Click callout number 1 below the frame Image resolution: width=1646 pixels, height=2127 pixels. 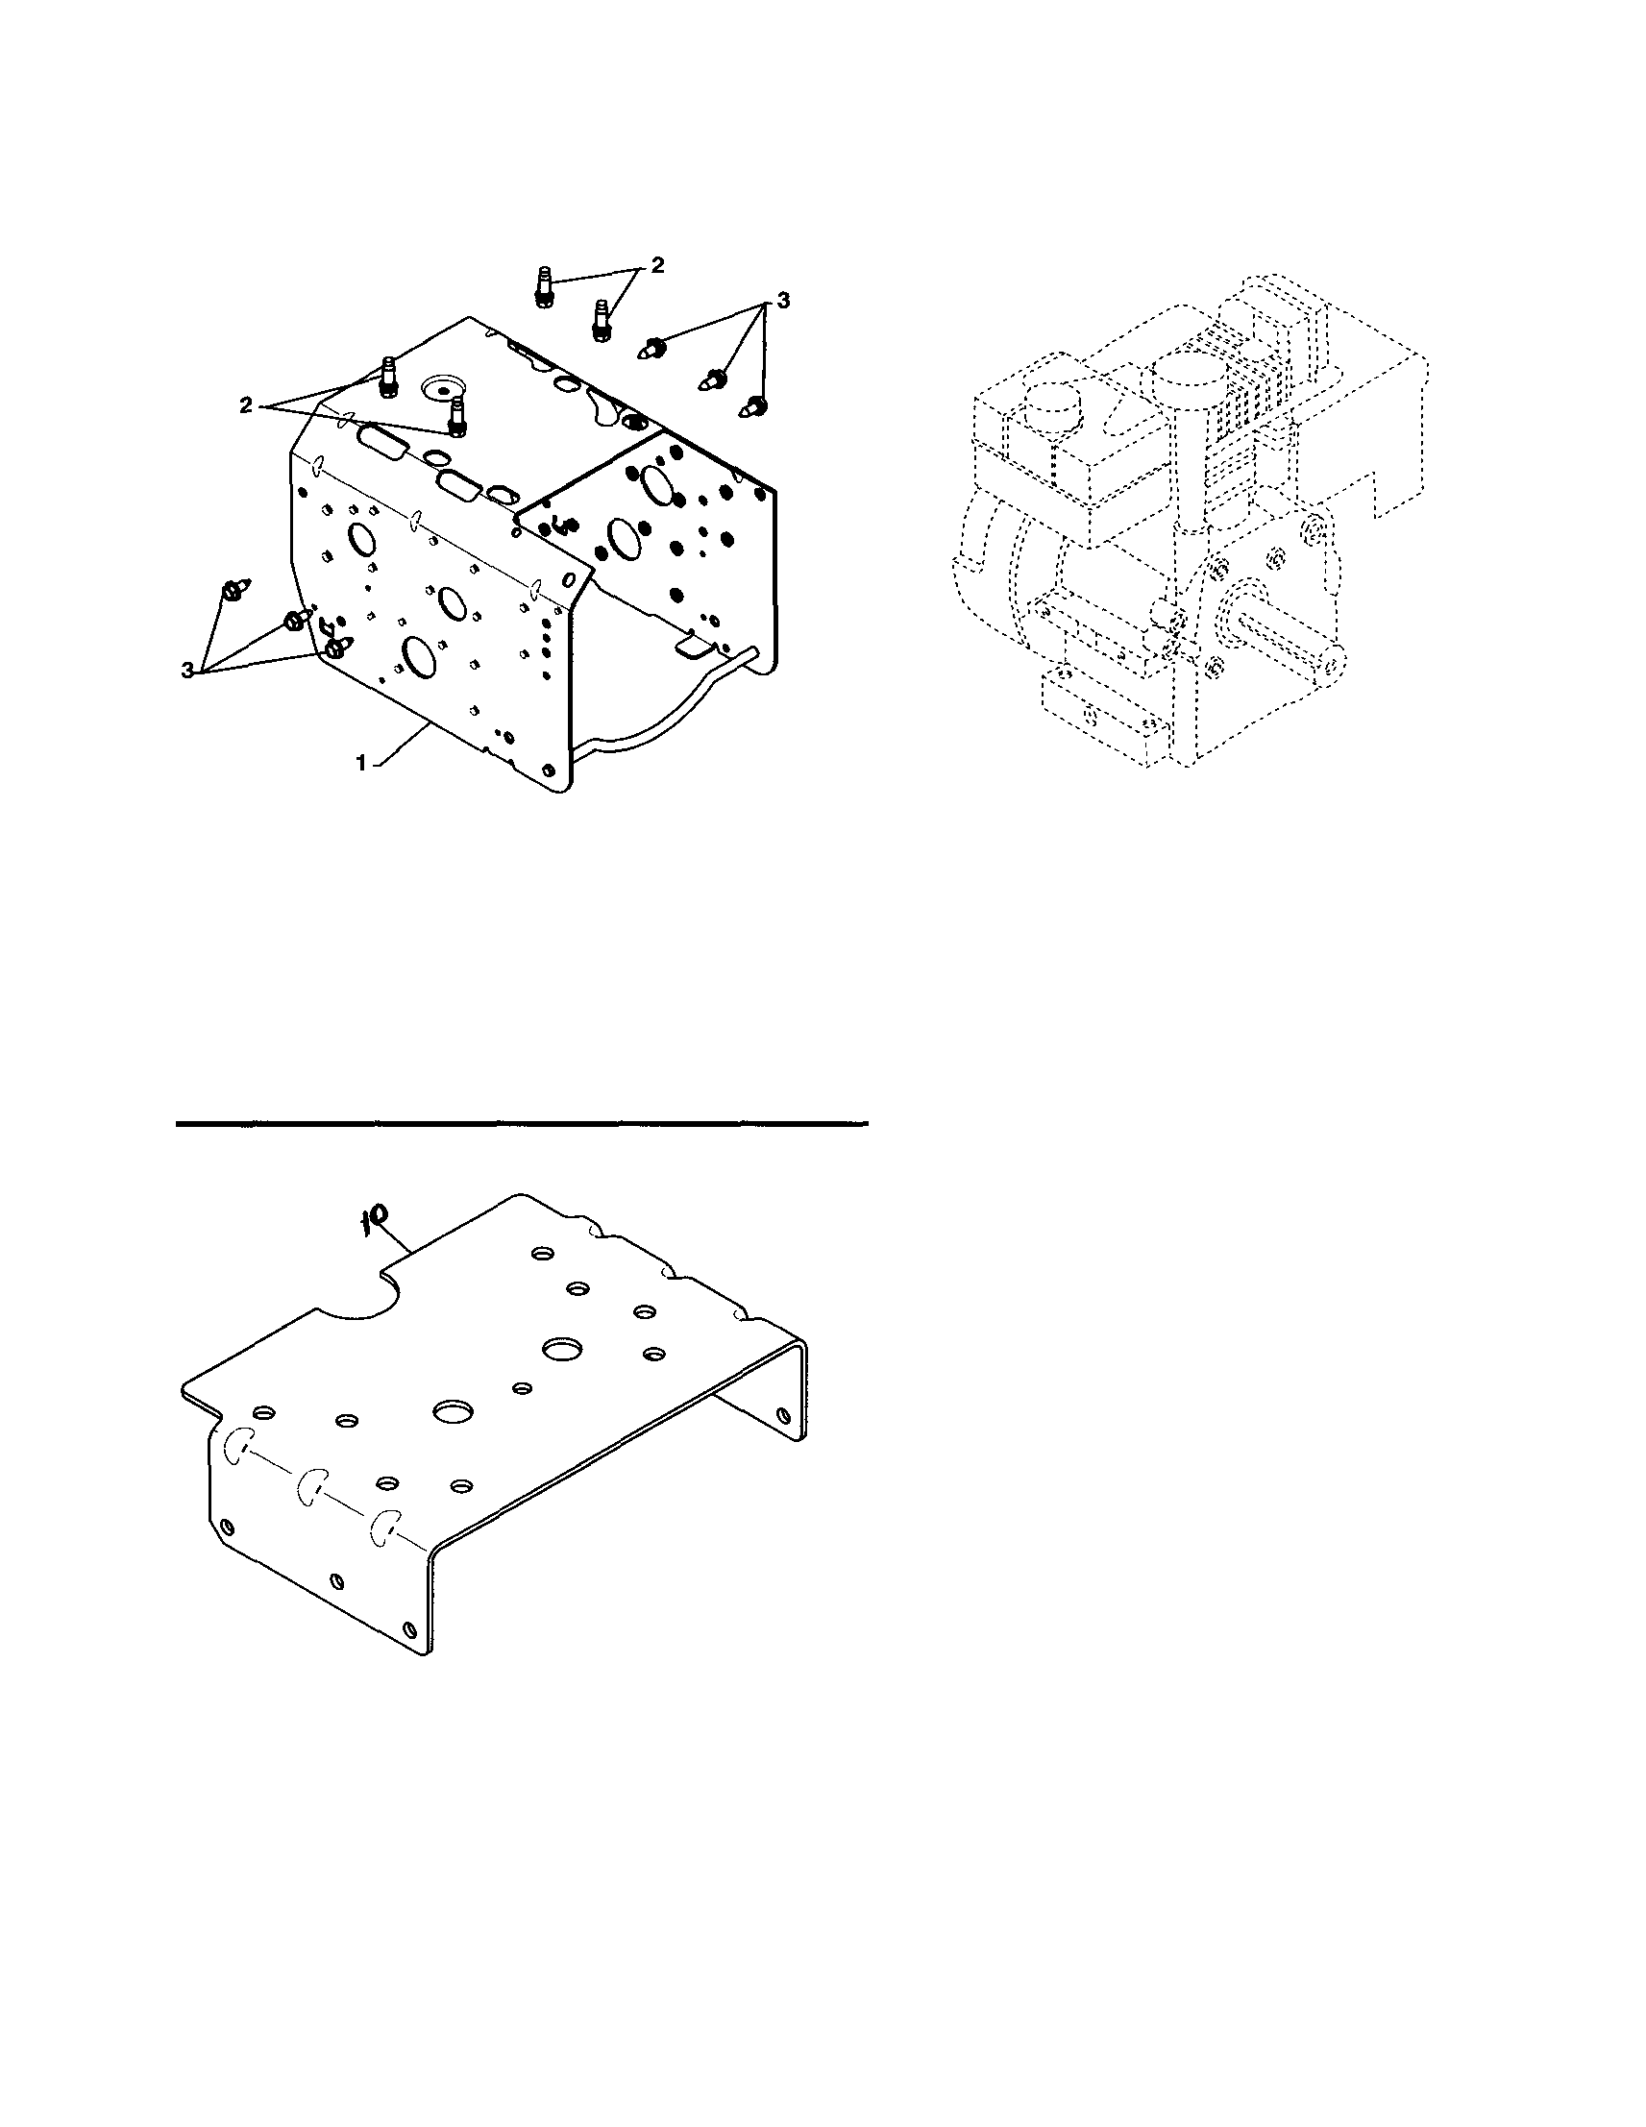(x=361, y=765)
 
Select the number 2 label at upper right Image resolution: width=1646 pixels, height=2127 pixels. (x=658, y=265)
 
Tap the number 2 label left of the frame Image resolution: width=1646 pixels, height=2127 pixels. (x=246, y=405)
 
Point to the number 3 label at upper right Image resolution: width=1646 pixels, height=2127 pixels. (x=782, y=302)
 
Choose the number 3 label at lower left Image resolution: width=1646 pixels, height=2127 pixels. (x=186, y=670)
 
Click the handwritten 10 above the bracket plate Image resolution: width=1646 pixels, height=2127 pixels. (x=376, y=1217)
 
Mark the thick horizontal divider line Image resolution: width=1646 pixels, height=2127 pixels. (x=521, y=1124)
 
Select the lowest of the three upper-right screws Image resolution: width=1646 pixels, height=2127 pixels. (x=754, y=405)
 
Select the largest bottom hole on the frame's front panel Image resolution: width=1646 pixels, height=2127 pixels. (x=420, y=658)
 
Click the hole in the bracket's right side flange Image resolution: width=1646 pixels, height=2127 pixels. (x=782, y=1414)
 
